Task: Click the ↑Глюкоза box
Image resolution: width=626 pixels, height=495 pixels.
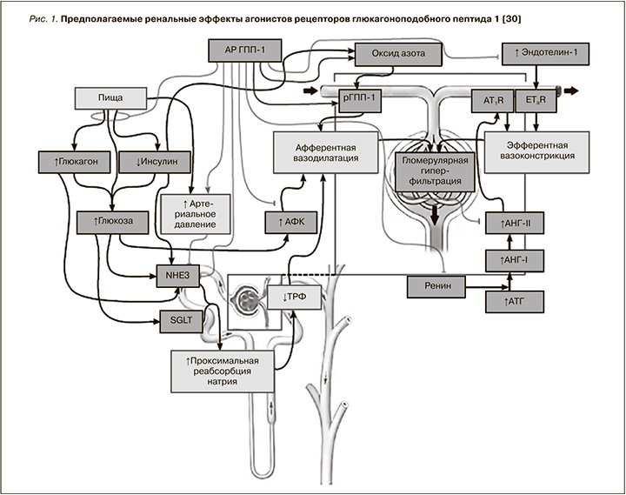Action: pos(112,221)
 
